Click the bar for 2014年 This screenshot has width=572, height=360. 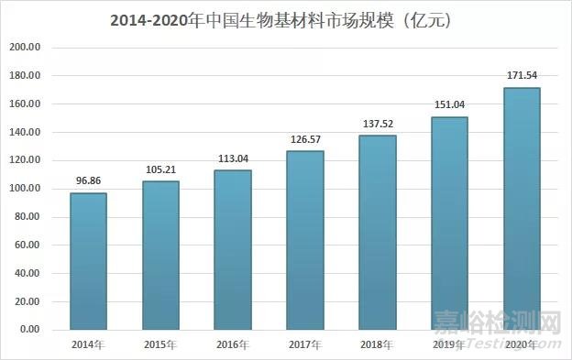88,261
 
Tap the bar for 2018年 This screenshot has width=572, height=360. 378,233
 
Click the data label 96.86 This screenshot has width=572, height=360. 88,182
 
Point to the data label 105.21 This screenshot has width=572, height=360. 160,170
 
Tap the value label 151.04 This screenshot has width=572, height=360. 450,106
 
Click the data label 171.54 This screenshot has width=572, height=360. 522,77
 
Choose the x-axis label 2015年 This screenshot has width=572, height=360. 160,344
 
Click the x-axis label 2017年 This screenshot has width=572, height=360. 305,344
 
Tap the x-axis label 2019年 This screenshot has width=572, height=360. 450,344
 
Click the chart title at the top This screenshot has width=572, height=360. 286,18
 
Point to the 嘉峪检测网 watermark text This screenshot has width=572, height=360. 495,323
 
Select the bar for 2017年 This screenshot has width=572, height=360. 305,240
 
